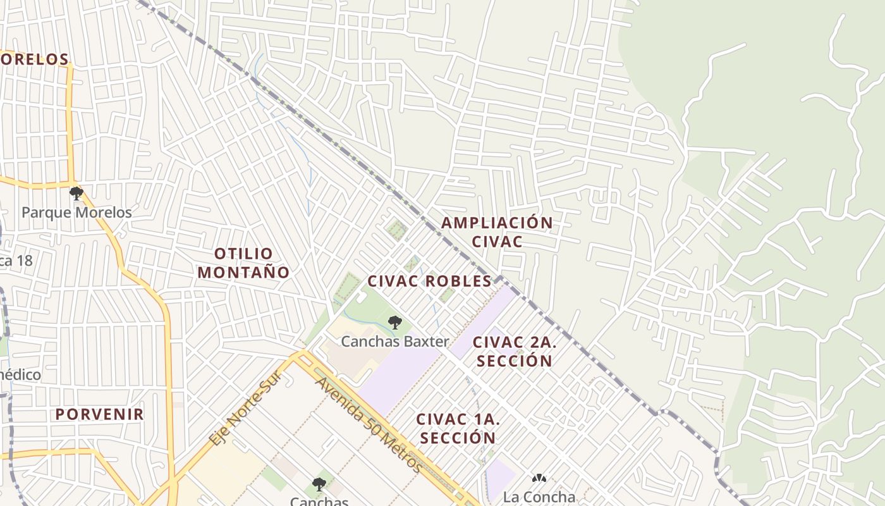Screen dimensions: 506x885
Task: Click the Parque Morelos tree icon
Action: click(76, 193)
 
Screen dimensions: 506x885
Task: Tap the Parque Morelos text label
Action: click(76, 213)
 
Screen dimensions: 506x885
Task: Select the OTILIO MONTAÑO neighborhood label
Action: click(244, 263)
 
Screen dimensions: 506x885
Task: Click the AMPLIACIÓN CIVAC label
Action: click(497, 231)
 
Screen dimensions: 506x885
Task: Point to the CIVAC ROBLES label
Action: click(429, 281)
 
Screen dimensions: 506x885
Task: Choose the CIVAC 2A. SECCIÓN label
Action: click(514, 352)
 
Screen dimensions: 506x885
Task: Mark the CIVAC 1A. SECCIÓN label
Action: click(458, 428)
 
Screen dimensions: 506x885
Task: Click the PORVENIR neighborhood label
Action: click(100, 414)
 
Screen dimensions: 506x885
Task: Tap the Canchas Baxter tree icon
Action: click(394, 323)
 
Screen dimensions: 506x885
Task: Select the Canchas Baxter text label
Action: click(395, 342)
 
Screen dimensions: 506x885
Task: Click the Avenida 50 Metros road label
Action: click(370, 424)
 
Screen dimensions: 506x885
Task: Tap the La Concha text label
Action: click(539, 497)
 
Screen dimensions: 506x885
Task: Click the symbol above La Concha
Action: click(539, 479)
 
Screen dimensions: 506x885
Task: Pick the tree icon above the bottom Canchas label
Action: click(319, 484)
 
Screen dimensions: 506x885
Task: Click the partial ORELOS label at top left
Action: click(34, 59)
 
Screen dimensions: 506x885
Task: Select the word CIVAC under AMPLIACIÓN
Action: click(497, 242)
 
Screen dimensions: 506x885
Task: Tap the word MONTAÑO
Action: click(244, 273)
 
